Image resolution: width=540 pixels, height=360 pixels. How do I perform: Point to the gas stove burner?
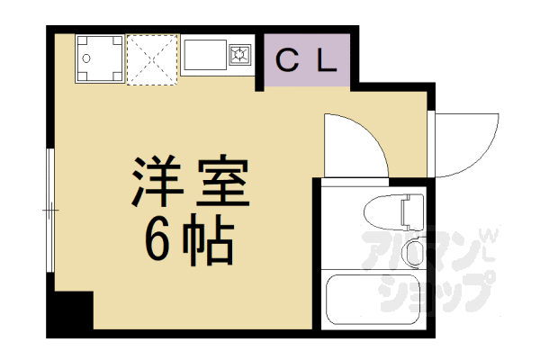pos(241,55)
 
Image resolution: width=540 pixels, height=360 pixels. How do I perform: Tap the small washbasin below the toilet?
pos(414,253)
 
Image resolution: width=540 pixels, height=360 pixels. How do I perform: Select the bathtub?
pos(373,301)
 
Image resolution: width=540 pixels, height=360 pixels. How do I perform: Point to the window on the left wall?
pos(50,212)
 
